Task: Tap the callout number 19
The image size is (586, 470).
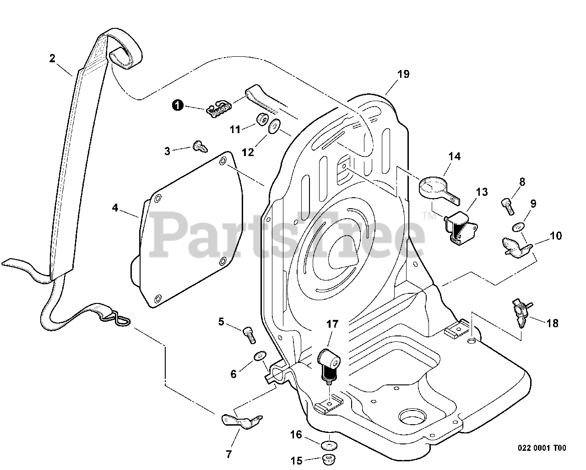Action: pyautogui.click(x=403, y=74)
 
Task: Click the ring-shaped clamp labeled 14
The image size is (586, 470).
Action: pyautogui.click(x=432, y=187)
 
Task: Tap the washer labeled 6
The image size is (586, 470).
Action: pyautogui.click(x=260, y=356)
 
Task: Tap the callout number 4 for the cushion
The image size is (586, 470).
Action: pyautogui.click(x=115, y=208)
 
